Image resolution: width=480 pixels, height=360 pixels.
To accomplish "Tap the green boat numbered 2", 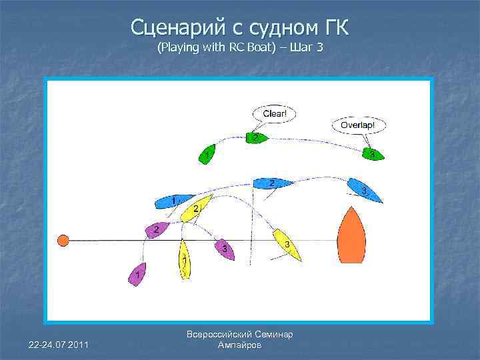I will point(255,137).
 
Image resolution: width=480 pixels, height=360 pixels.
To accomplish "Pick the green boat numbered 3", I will point(373,155).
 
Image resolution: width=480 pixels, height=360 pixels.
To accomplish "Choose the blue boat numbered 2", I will point(272,183).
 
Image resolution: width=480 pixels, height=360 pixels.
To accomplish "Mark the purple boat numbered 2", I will point(157,230).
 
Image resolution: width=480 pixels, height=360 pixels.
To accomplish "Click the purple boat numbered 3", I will point(225,249).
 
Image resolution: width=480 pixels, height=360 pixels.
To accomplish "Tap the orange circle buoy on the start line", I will point(63,240).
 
